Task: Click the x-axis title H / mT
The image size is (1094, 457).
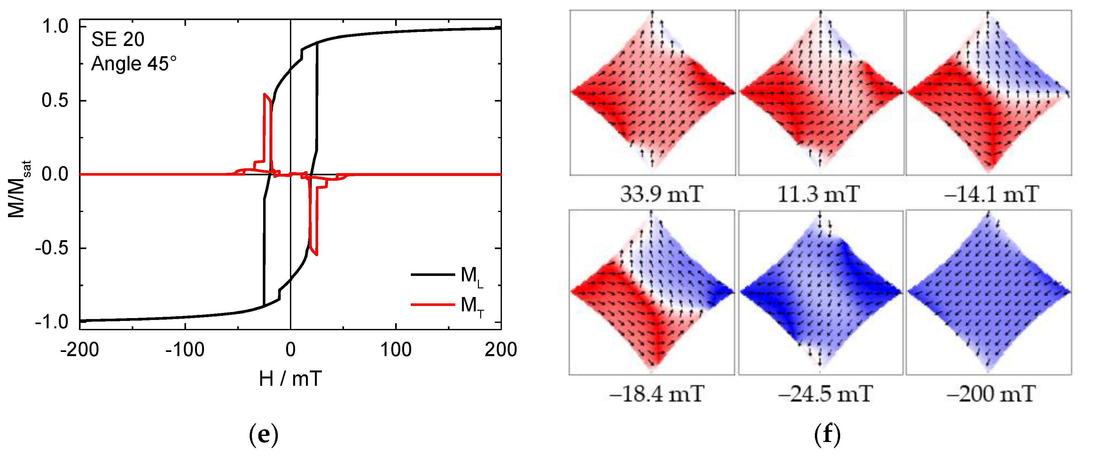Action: [x=291, y=378]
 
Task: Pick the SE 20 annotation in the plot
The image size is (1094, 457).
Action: [x=118, y=40]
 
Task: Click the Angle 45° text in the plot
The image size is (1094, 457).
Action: [x=133, y=64]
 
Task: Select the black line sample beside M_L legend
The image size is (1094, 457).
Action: [x=432, y=275]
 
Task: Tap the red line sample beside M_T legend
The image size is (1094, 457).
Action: [x=432, y=305]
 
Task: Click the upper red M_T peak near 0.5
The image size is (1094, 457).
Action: [x=265, y=95]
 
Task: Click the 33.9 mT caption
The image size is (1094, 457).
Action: [x=661, y=194]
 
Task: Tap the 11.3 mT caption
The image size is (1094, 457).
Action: [x=818, y=194]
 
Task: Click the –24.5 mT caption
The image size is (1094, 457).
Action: [x=825, y=394]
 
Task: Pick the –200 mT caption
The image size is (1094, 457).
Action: [x=990, y=394]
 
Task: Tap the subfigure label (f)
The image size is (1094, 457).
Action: [x=827, y=435]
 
